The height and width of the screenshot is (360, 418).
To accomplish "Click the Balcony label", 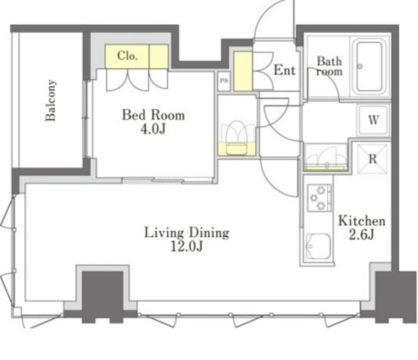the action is [51, 100].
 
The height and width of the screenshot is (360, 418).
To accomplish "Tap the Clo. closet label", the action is [127, 56].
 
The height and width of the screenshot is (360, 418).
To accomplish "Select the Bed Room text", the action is [153, 115].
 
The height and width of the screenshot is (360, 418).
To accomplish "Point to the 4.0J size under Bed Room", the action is [153, 129].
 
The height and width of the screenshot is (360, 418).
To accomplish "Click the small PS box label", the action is [224, 80].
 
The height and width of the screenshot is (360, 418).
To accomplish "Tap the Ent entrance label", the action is [285, 71].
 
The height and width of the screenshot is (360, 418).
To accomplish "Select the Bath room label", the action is [329, 67].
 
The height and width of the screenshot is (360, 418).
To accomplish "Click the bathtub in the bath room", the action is [370, 67].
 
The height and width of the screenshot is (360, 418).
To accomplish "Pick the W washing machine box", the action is [373, 120].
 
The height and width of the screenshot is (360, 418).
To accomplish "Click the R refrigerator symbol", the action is [372, 159].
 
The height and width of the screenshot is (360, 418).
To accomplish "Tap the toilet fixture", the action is [236, 138].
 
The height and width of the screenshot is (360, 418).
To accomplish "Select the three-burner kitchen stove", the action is [319, 198].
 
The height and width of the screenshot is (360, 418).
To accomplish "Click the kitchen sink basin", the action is [319, 246].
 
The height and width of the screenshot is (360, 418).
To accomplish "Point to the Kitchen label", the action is [362, 221].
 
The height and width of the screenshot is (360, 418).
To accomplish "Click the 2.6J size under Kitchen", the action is [361, 235].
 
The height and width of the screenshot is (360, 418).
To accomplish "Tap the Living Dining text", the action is [187, 233].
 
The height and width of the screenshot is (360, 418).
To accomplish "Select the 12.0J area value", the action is [187, 247].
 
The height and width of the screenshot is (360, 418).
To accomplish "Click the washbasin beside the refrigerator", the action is [327, 158].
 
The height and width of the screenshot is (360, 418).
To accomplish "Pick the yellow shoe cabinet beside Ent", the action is [243, 71].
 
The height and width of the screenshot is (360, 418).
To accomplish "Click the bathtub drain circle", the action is [360, 66].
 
